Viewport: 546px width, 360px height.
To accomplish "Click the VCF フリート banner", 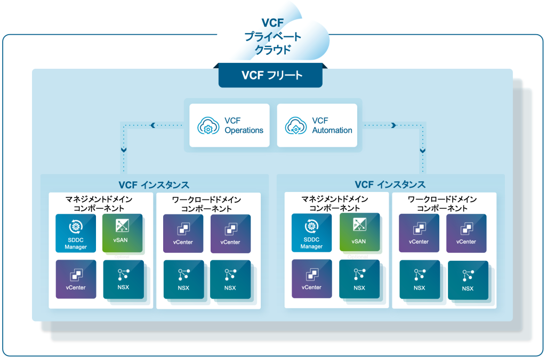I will click(x=270, y=75).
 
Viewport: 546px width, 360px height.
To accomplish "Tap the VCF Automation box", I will click(x=317, y=125).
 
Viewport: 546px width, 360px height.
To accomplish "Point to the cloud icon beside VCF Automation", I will click(x=294, y=126).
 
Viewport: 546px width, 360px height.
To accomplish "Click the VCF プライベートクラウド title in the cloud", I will click(x=272, y=36).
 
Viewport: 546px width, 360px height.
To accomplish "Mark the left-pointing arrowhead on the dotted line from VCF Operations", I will click(x=153, y=125).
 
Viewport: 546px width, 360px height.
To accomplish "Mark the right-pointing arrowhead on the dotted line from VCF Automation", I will click(x=394, y=125).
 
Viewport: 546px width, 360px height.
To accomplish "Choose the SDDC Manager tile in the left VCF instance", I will click(x=76, y=233).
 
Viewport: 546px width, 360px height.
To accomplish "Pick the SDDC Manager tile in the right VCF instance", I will click(x=311, y=233).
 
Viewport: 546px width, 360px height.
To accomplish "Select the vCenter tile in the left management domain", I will click(x=76, y=279).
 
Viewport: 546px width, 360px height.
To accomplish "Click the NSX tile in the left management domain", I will click(x=123, y=279).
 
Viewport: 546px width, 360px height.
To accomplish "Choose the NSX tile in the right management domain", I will click(x=359, y=279).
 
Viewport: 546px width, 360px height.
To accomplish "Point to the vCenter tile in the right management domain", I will click(x=311, y=278).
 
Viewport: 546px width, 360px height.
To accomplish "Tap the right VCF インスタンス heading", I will click(x=390, y=185).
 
